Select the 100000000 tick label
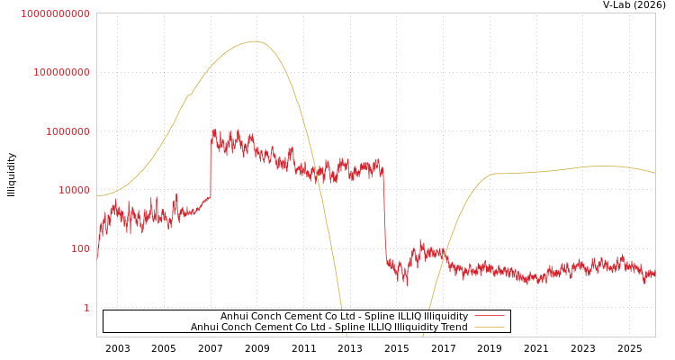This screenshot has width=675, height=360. [x=61, y=72]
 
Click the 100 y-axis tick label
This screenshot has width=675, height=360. [x=80, y=249]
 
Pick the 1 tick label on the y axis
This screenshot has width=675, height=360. [x=86, y=308]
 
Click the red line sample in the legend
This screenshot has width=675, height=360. [x=489, y=317]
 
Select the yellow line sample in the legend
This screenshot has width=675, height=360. [x=489, y=328]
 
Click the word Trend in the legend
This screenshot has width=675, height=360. [x=453, y=328]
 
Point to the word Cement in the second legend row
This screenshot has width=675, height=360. [x=282, y=328]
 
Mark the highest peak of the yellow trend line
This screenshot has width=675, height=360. [x=256, y=41]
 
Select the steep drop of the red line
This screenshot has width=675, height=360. [x=384, y=216]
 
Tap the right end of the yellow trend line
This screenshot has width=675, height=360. [x=654, y=173]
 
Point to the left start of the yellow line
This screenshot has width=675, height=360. [x=97, y=195]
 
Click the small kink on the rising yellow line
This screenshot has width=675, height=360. [x=189, y=94]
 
